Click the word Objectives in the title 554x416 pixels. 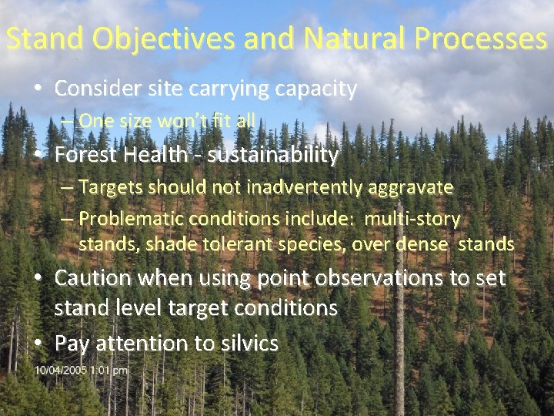144,39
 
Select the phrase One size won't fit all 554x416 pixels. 167,121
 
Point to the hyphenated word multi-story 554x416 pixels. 412,220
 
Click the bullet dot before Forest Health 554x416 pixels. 38,156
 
